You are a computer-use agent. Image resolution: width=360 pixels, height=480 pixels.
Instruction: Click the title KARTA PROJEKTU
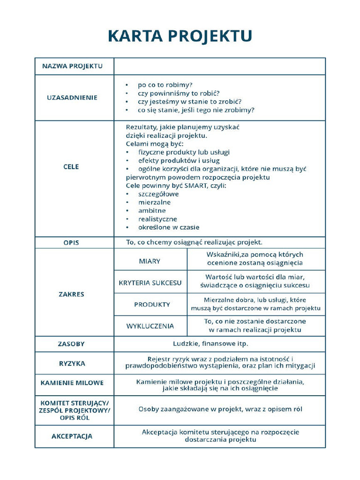click(x=180, y=36)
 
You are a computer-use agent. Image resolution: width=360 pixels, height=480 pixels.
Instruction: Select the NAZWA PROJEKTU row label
click(x=72, y=66)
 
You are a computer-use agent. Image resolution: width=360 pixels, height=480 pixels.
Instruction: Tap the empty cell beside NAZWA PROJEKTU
click(x=219, y=66)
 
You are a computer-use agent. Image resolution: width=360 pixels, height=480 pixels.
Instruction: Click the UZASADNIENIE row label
click(x=72, y=97)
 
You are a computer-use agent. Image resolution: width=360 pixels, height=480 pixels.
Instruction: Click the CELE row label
click(x=71, y=166)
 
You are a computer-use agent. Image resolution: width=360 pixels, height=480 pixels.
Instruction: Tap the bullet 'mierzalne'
click(x=154, y=202)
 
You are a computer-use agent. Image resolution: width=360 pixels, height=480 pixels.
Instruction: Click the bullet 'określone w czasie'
click(x=169, y=227)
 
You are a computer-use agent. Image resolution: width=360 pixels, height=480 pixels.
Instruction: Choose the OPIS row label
click(x=71, y=243)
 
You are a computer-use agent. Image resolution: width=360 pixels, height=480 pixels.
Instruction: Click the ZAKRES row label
click(x=71, y=294)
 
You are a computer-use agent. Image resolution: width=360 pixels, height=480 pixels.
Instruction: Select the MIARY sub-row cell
click(x=150, y=261)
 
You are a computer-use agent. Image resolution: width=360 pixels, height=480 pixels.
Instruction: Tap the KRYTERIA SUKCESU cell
click(x=150, y=283)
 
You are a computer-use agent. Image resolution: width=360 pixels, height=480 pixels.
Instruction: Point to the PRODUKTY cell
click(x=152, y=304)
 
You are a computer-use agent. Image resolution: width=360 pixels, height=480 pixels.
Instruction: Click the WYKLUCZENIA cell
click(x=150, y=326)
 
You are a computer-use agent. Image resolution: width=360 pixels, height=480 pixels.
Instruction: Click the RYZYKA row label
click(x=72, y=363)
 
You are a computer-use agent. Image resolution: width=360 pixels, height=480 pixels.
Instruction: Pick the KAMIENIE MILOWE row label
click(x=72, y=383)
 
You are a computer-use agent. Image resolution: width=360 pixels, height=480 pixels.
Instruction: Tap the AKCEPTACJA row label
click(x=72, y=436)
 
